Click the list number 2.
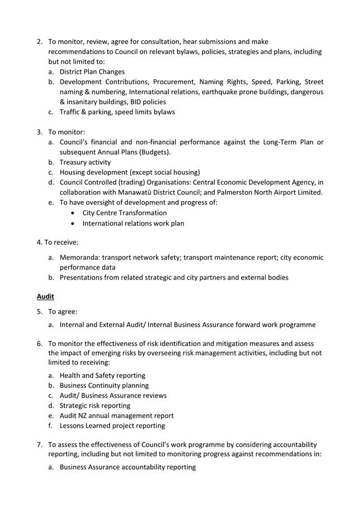pyautogui.click(x=40, y=42)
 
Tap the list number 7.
pyautogui.click(x=40, y=445)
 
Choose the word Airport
pyautogui.click(x=273, y=193)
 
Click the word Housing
pyautogui.click(x=73, y=173)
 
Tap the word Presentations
pyautogui.click(x=85, y=277)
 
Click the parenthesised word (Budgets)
pyautogui.click(x=153, y=152)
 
